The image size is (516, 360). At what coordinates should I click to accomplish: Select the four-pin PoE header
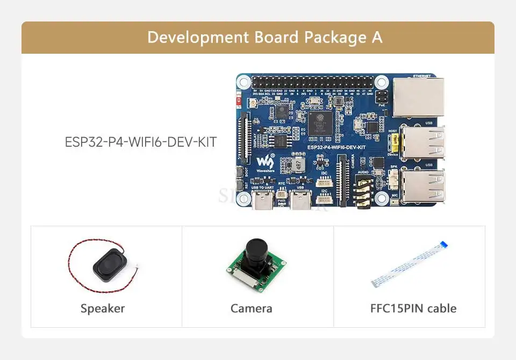(382, 98)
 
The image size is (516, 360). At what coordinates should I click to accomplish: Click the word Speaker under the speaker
(103, 308)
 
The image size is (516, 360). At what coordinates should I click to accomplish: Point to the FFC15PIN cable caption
(413, 308)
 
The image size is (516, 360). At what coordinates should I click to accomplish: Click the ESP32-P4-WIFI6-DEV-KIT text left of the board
(141, 142)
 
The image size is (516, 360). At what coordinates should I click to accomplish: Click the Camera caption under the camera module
(251, 308)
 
